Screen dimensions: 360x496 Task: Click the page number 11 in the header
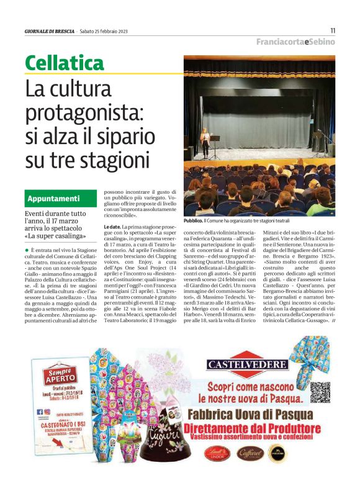333,30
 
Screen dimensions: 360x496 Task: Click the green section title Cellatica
65,63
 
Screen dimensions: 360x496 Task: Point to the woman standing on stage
205,141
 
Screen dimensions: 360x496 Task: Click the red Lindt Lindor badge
217,453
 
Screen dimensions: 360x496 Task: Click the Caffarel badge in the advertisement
247,453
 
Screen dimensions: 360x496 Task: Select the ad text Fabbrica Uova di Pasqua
249,414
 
